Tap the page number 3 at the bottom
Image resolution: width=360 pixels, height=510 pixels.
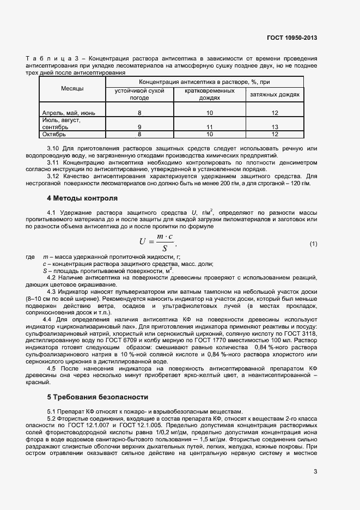(315, 472)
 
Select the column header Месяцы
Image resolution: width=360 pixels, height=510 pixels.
(72, 88)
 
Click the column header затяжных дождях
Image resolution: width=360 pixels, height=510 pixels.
(275, 95)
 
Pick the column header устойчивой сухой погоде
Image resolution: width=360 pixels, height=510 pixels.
(139, 94)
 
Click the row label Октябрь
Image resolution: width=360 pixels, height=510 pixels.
(54, 133)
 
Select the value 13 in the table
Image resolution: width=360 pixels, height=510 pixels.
(275, 126)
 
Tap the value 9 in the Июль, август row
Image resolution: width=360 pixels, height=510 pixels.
(139, 126)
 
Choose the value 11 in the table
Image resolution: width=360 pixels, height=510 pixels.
(210, 126)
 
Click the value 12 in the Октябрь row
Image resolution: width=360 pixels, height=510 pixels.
(275, 133)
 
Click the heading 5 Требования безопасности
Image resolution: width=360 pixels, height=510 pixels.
(97, 397)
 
